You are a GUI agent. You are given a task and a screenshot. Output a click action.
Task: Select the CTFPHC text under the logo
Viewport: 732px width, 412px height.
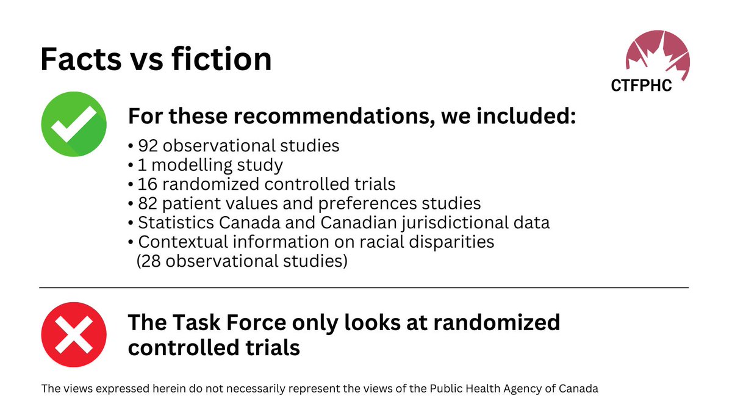641,86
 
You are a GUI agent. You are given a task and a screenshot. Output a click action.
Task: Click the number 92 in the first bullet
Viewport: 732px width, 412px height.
148,146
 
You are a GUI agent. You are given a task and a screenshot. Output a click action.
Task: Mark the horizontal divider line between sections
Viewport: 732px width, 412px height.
364,287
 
